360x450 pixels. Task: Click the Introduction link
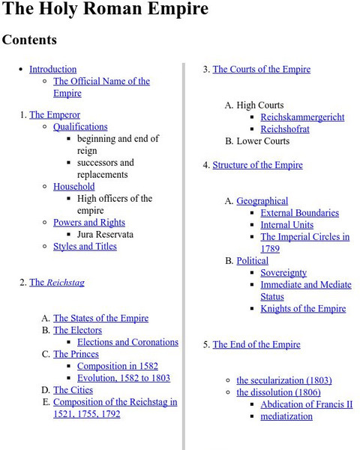pyautogui.click(x=52, y=69)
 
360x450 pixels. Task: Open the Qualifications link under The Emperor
pyautogui.click(x=80, y=127)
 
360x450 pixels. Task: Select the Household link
pyautogui.click(x=73, y=186)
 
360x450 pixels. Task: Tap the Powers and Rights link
pyautogui.click(x=88, y=222)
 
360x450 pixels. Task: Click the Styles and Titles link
pyautogui.click(x=85, y=246)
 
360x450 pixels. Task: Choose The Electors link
pyautogui.click(x=77, y=330)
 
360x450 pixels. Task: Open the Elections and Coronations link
pyautogui.click(x=127, y=342)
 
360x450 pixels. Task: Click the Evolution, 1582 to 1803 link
pyautogui.click(x=124, y=378)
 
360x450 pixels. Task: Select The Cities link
pyautogui.click(x=73, y=390)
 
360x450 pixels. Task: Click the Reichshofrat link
pyautogui.click(x=284, y=129)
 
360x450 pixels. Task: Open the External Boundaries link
pyautogui.click(x=299, y=213)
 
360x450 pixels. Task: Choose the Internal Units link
pyautogui.click(x=286, y=225)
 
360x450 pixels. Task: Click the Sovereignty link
pyautogui.click(x=283, y=273)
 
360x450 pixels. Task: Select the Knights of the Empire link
pyautogui.click(x=303, y=308)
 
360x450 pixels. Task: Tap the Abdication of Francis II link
pyautogui.click(x=306, y=404)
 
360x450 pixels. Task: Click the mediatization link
pyautogui.click(x=286, y=416)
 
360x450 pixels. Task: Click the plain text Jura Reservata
pyautogui.click(x=105, y=234)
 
